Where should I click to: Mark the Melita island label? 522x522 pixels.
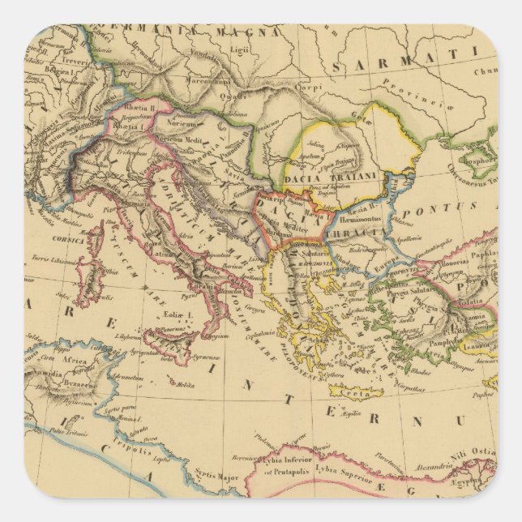tap(190, 386)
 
